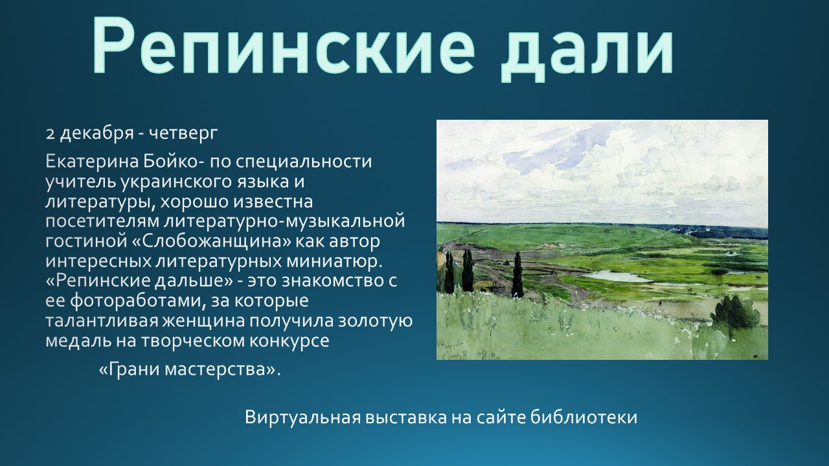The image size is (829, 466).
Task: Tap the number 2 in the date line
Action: coord(50,134)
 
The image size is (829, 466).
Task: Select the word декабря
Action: coord(97,133)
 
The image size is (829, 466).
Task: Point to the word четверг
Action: coord(183,134)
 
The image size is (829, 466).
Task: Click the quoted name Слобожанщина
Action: coord(212,241)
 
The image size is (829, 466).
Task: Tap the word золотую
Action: coord(376,321)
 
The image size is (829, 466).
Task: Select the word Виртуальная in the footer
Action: coord(302,417)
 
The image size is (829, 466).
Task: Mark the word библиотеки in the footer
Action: coord(584,417)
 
